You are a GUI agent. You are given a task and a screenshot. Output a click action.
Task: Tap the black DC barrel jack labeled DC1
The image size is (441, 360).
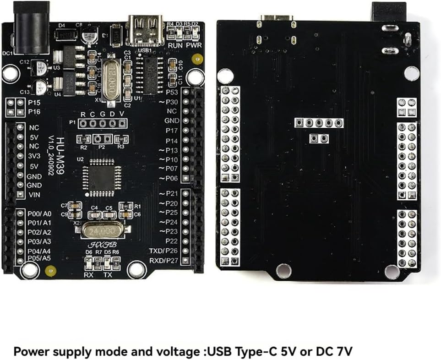pyautogui.click(x=26, y=28)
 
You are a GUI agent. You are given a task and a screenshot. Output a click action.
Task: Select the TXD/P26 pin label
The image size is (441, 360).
pyautogui.click(x=163, y=251)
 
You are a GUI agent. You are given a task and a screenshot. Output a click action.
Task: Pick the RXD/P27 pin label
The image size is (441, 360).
pyautogui.click(x=163, y=261)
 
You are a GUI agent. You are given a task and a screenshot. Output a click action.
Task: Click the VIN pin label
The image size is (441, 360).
pyautogui.click(x=35, y=195)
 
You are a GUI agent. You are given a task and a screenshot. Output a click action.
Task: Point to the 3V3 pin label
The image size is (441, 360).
pyautogui.click(x=35, y=156)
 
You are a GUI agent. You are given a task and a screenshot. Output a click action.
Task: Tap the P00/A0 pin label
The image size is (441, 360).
pyautogui.click(x=39, y=214)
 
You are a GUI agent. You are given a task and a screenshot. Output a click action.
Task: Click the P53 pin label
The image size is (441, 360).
pyautogui.click(x=171, y=93)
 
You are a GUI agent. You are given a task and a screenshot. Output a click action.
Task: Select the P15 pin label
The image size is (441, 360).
pyautogui.click(x=34, y=102)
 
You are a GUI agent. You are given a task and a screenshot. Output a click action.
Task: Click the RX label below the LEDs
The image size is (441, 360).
pyautogui.click(x=88, y=275)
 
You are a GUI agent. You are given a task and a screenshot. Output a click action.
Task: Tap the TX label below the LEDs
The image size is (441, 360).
pyautogui.click(x=108, y=275)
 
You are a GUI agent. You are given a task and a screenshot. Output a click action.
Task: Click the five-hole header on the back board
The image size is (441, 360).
pyautogui.click(x=319, y=123)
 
